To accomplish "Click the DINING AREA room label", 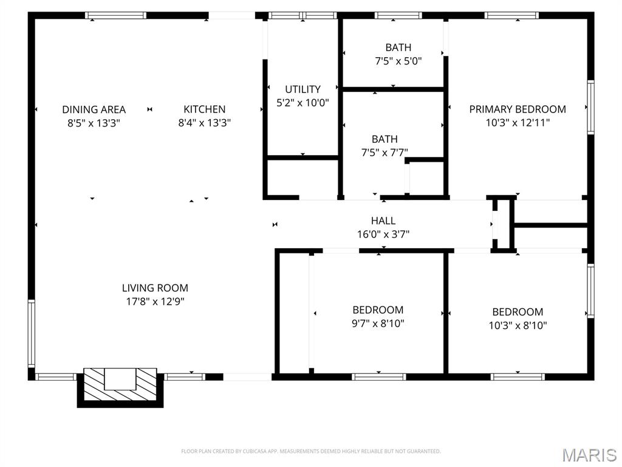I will [x=94, y=109].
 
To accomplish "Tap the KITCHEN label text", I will [x=204, y=109].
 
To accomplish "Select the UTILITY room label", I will [x=302, y=89].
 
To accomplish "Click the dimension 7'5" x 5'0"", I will [x=398, y=61].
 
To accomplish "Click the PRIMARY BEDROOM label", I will [x=517, y=109].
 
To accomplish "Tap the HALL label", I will [x=383, y=221].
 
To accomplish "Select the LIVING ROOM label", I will [x=155, y=288].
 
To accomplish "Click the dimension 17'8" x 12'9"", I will [x=155, y=302].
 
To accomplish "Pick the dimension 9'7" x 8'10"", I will [x=378, y=323].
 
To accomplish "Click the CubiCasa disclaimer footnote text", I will [x=310, y=451].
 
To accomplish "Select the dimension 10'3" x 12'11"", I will [x=517, y=123].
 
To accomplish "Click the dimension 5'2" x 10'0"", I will [x=302, y=103].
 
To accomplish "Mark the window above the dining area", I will [x=115, y=15].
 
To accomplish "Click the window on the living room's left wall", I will [x=32, y=332].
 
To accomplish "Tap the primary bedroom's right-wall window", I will [x=590, y=108].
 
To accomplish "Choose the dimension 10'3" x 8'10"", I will [x=518, y=325].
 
